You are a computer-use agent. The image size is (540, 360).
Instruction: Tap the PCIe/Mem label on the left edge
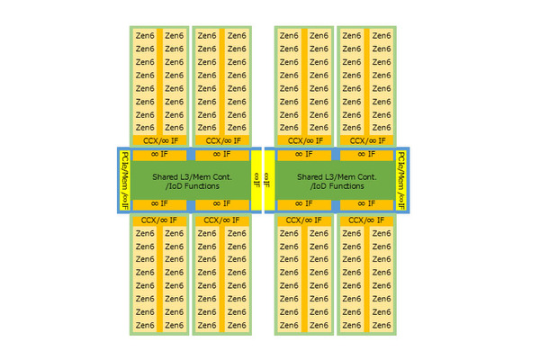pyautogui.click(x=125, y=179)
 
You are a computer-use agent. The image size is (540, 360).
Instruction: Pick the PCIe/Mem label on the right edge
pyautogui.click(x=401, y=179)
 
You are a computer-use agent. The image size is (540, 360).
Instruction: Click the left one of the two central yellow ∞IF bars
pyautogui.click(x=256, y=179)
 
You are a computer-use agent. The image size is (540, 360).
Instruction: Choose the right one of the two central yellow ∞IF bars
pyautogui.click(x=267, y=179)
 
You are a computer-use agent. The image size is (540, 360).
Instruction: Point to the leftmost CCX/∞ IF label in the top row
pyautogui.click(x=159, y=140)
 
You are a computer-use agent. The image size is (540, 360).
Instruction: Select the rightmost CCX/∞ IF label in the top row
pyautogui.click(x=366, y=140)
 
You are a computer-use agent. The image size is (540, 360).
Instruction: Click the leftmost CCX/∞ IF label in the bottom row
pyautogui.click(x=159, y=220)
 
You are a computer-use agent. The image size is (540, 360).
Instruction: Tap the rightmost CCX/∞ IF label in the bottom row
pyautogui.click(x=366, y=220)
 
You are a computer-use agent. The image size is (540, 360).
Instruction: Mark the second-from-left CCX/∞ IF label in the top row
pyautogui.click(x=221, y=140)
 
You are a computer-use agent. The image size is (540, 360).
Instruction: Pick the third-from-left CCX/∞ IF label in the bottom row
pyautogui.click(x=304, y=220)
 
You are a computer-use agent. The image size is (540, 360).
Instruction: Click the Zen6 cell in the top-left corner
pyautogui.click(x=144, y=36)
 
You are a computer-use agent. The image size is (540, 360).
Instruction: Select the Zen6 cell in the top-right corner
pyautogui.click(x=382, y=36)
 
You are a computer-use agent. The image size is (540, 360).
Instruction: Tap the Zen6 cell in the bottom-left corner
pyautogui.click(x=144, y=325)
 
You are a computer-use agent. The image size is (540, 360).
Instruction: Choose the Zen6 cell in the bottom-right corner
pyautogui.click(x=382, y=325)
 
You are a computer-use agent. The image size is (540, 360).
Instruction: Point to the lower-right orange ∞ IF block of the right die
pyautogui.click(x=364, y=204)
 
